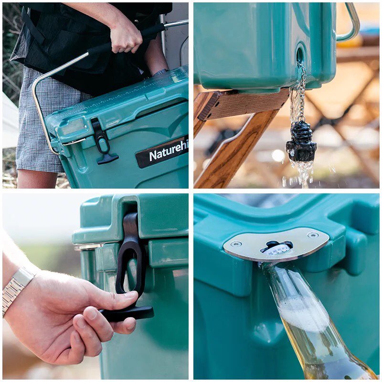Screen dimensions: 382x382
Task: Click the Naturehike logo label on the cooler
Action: click(162, 152)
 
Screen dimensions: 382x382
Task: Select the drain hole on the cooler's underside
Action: click(300, 55)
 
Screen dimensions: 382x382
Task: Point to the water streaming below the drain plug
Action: click(304, 174)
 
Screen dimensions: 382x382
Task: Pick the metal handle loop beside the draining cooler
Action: click(351, 24)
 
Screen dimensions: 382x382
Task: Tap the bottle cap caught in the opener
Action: click(276, 248)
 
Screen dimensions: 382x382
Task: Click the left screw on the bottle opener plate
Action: click(236, 243)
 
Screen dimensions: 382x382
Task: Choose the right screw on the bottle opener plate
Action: click(313, 235)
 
